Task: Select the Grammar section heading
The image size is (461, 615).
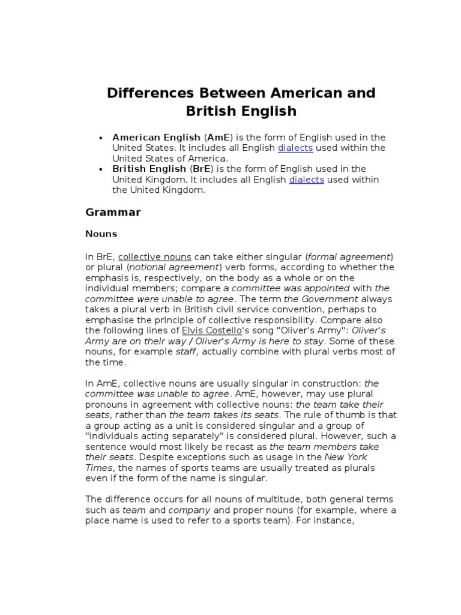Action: (x=113, y=211)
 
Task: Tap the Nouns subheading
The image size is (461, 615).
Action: (x=101, y=233)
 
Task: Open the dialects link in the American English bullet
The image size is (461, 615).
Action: (x=295, y=148)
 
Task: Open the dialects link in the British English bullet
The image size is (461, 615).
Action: (x=307, y=180)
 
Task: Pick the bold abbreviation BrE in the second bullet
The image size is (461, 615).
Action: (x=201, y=169)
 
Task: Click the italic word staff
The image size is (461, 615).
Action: (x=185, y=351)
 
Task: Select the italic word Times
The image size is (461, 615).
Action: (x=97, y=467)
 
